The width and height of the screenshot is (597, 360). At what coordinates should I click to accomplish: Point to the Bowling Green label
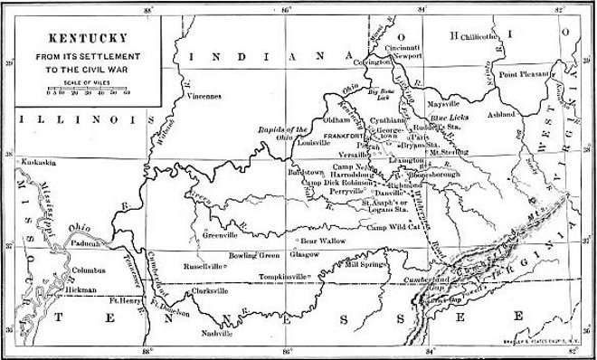coord(257,256)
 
